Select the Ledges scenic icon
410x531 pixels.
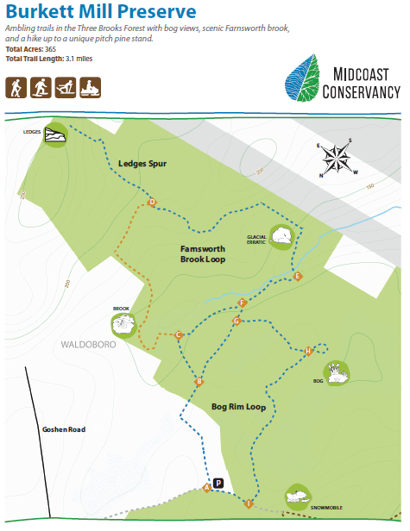(x=54, y=134)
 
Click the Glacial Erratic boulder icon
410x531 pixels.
(x=282, y=235)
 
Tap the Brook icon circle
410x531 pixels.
(x=124, y=324)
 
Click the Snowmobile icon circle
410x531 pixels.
(x=298, y=497)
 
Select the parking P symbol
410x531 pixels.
(x=218, y=484)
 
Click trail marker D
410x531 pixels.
(x=152, y=203)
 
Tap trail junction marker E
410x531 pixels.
(x=297, y=276)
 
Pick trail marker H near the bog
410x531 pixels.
(x=307, y=351)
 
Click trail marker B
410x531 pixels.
(x=199, y=382)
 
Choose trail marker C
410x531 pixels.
(x=179, y=335)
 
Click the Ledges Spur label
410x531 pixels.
(x=142, y=163)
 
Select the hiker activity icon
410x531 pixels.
(x=16, y=88)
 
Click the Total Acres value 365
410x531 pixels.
(x=51, y=50)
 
